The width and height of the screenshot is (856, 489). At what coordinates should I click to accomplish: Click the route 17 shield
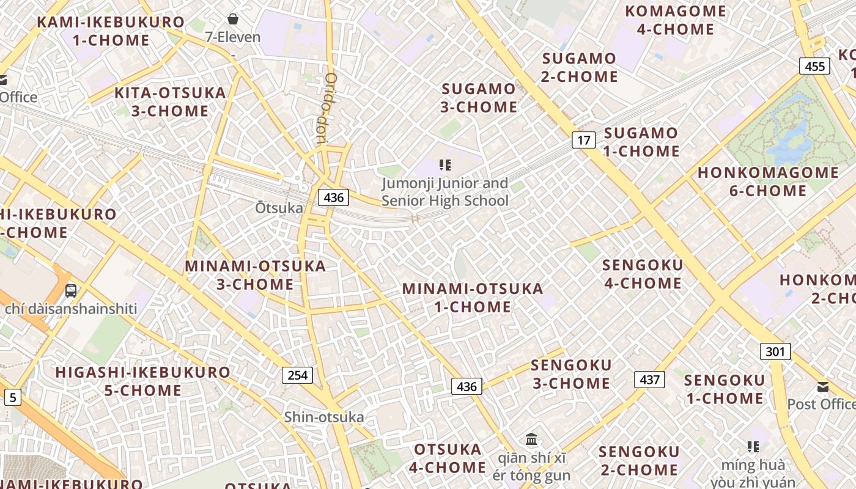pyautogui.click(x=584, y=140)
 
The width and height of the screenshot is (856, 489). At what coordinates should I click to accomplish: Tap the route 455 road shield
pyautogui.click(x=815, y=66)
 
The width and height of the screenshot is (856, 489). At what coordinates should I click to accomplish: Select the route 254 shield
pyautogui.click(x=297, y=375)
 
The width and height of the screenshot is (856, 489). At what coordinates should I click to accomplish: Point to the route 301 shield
pyautogui.click(x=775, y=351)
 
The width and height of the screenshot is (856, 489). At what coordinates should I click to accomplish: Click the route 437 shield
pyautogui.click(x=649, y=380)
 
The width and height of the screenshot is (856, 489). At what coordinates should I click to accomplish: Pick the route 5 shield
pyautogui.click(x=12, y=398)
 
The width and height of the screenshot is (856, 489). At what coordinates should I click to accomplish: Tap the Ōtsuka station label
pyautogui.click(x=279, y=208)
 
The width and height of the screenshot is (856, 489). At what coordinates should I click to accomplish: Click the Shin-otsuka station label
pyautogui.click(x=323, y=417)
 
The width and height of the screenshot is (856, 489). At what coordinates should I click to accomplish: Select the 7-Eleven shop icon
pyautogui.click(x=232, y=19)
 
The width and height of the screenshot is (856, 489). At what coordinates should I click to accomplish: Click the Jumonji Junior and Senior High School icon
pyautogui.click(x=445, y=164)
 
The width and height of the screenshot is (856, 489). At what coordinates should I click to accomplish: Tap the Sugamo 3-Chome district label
pyautogui.click(x=479, y=98)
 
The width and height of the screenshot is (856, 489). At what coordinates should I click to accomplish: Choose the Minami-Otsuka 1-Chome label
pyautogui.click(x=473, y=298)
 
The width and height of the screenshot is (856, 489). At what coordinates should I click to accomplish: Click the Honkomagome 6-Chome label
pyautogui.click(x=768, y=182)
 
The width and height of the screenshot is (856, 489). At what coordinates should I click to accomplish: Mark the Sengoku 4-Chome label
pyautogui.click(x=642, y=274)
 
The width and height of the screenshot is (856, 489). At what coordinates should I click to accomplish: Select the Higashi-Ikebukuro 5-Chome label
pyautogui.click(x=143, y=381)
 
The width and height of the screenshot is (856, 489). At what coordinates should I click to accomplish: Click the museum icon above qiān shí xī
pyautogui.click(x=531, y=439)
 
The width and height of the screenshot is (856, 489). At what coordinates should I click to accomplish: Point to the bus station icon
pyautogui.click(x=71, y=291)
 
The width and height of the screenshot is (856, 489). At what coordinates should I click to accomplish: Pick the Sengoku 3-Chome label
pyautogui.click(x=571, y=374)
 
